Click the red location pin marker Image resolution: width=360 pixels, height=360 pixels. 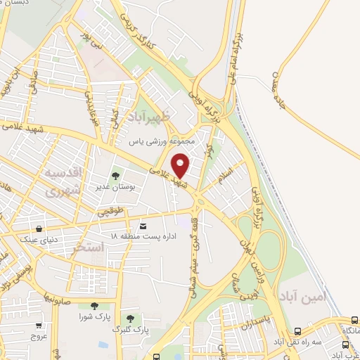pos(181,165)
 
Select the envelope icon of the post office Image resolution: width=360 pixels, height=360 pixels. pos(143,226)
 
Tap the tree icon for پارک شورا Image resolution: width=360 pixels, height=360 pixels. pos(94,305)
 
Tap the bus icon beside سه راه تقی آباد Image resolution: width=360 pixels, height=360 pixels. pos(298,332)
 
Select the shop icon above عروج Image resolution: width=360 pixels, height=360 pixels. pos(39,326)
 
